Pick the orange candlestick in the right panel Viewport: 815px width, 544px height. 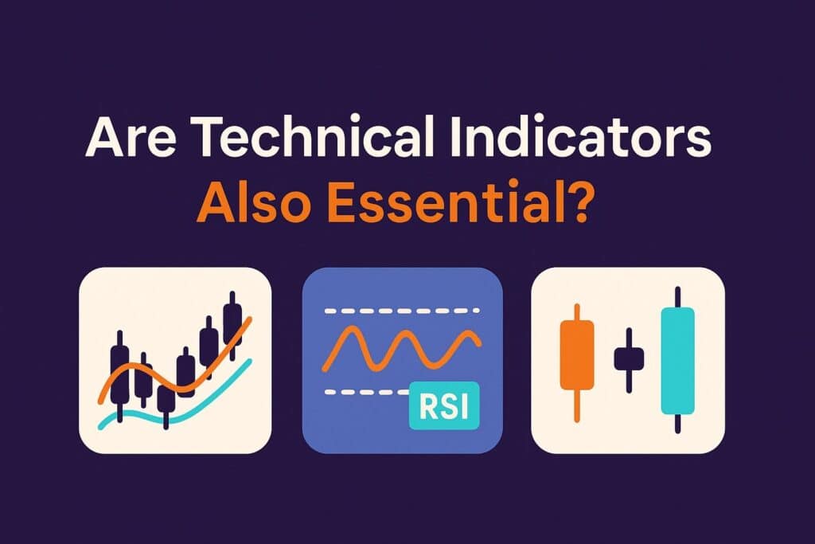coord(577,355)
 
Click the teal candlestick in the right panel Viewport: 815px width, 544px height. coord(677,360)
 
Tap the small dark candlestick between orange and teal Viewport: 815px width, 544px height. coord(627,359)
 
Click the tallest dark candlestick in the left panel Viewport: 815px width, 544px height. coord(232,325)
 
